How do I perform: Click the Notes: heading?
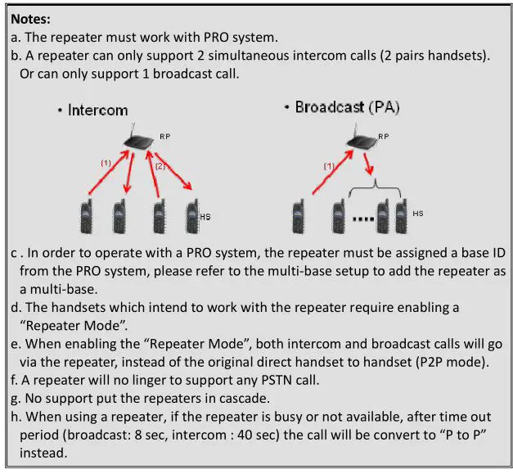(32, 16)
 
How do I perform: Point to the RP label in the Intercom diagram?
(164, 134)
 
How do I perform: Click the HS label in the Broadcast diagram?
(417, 214)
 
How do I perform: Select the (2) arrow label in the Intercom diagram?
(161, 166)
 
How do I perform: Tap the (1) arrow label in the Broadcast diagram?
(330, 166)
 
